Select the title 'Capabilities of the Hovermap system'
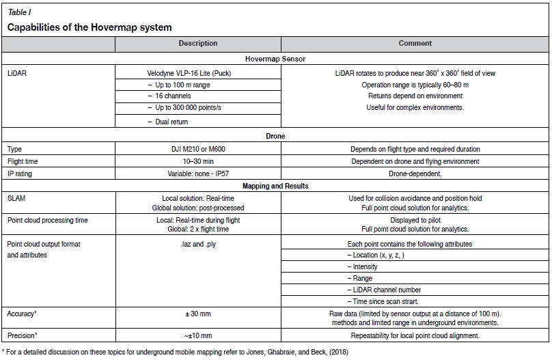[x=89, y=27]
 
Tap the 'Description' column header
[x=197, y=44]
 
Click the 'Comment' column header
[x=415, y=44]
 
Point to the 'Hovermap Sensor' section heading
[x=276, y=59]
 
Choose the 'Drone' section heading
[x=276, y=136]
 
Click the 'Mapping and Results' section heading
[x=276, y=186]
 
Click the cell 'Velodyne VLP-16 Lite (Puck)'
[x=198, y=71]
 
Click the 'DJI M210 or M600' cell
[x=198, y=148]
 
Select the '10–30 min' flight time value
[x=198, y=161]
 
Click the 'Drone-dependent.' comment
[x=415, y=174]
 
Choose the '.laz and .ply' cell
[x=198, y=244]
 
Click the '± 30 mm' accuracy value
[x=198, y=314]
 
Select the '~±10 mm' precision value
[x=198, y=335]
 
